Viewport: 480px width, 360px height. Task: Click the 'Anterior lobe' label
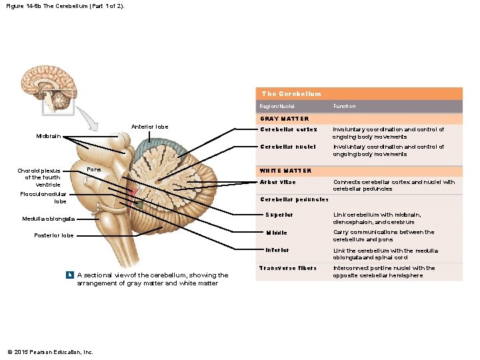tap(149, 127)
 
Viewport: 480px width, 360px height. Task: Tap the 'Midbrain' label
tap(48, 136)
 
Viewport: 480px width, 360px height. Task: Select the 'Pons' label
tap(94, 170)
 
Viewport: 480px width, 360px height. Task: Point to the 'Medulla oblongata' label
tap(48, 219)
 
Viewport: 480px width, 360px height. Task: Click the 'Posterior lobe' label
tap(54, 235)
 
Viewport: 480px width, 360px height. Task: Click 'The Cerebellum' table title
tap(291, 94)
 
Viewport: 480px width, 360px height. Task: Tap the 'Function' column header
tap(344, 107)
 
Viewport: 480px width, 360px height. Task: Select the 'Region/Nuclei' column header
tap(277, 107)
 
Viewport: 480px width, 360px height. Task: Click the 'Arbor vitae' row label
tap(277, 182)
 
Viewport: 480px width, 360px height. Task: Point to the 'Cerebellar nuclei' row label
tap(288, 147)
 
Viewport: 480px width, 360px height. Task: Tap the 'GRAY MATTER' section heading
tap(284, 119)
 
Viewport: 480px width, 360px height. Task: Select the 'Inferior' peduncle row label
tap(277, 251)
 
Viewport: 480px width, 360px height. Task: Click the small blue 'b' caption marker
tap(69, 275)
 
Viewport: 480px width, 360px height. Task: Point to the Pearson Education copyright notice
tap(50, 352)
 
